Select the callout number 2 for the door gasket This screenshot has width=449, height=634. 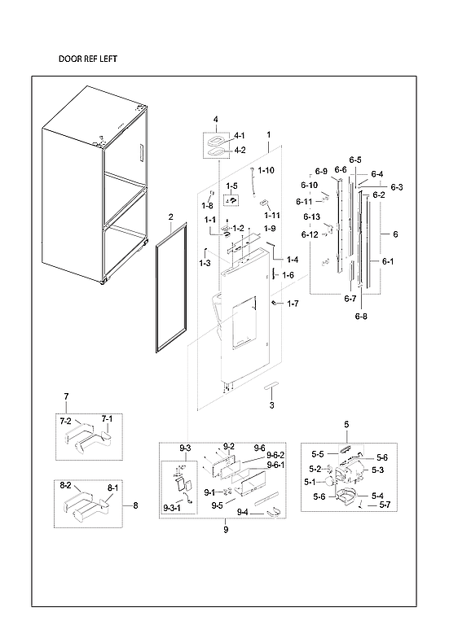[170, 216]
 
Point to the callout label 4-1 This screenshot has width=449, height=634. [239, 135]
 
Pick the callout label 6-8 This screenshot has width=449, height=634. [361, 316]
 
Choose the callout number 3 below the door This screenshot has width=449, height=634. [271, 404]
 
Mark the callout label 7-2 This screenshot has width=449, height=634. [66, 421]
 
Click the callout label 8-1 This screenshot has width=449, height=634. [112, 488]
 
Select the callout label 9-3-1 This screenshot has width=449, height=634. [172, 508]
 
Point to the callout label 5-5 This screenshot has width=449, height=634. [318, 453]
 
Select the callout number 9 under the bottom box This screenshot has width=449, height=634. [225, 530]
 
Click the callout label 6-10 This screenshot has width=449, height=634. [308, 185]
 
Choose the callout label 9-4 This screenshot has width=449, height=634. [242, 512]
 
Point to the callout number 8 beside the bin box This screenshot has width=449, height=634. [135, 505]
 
